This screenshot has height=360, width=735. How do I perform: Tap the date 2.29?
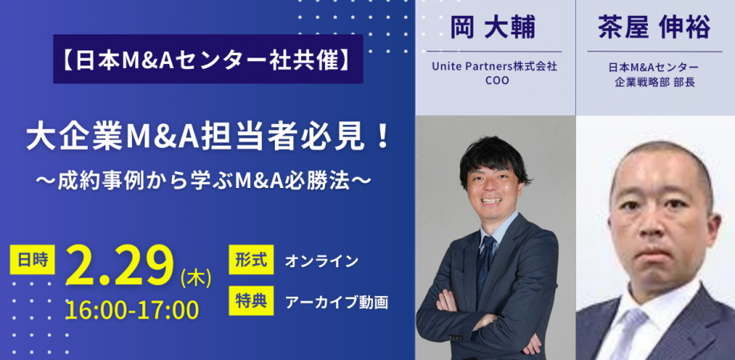[120, 265]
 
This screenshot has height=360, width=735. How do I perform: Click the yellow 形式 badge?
[251, 261]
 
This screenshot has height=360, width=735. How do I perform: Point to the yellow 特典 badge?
[251, 302]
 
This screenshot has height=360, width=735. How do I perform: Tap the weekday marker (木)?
[195, 277]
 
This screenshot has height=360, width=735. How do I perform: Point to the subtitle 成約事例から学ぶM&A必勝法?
[209, 178]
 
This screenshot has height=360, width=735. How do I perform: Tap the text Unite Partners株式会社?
[495, 67]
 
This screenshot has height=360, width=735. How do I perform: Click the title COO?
[495, 82]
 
